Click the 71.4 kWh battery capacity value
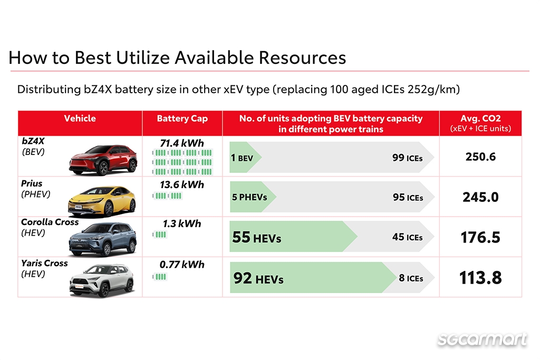pos(182,143)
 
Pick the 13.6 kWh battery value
pos(182,185)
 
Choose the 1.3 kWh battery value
pos(182,224)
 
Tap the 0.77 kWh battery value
pos(182,265)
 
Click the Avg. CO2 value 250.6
pos(480,157)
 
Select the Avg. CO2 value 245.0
pos(480,197)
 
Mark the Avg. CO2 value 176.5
pos(480,237)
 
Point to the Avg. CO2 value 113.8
pos(480,278)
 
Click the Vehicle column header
pos(80,119)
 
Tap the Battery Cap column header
pos(182,119)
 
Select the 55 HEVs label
pos(256,238)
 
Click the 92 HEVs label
pos(258,278)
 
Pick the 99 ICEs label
pos(407,157)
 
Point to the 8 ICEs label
pos(411,278)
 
